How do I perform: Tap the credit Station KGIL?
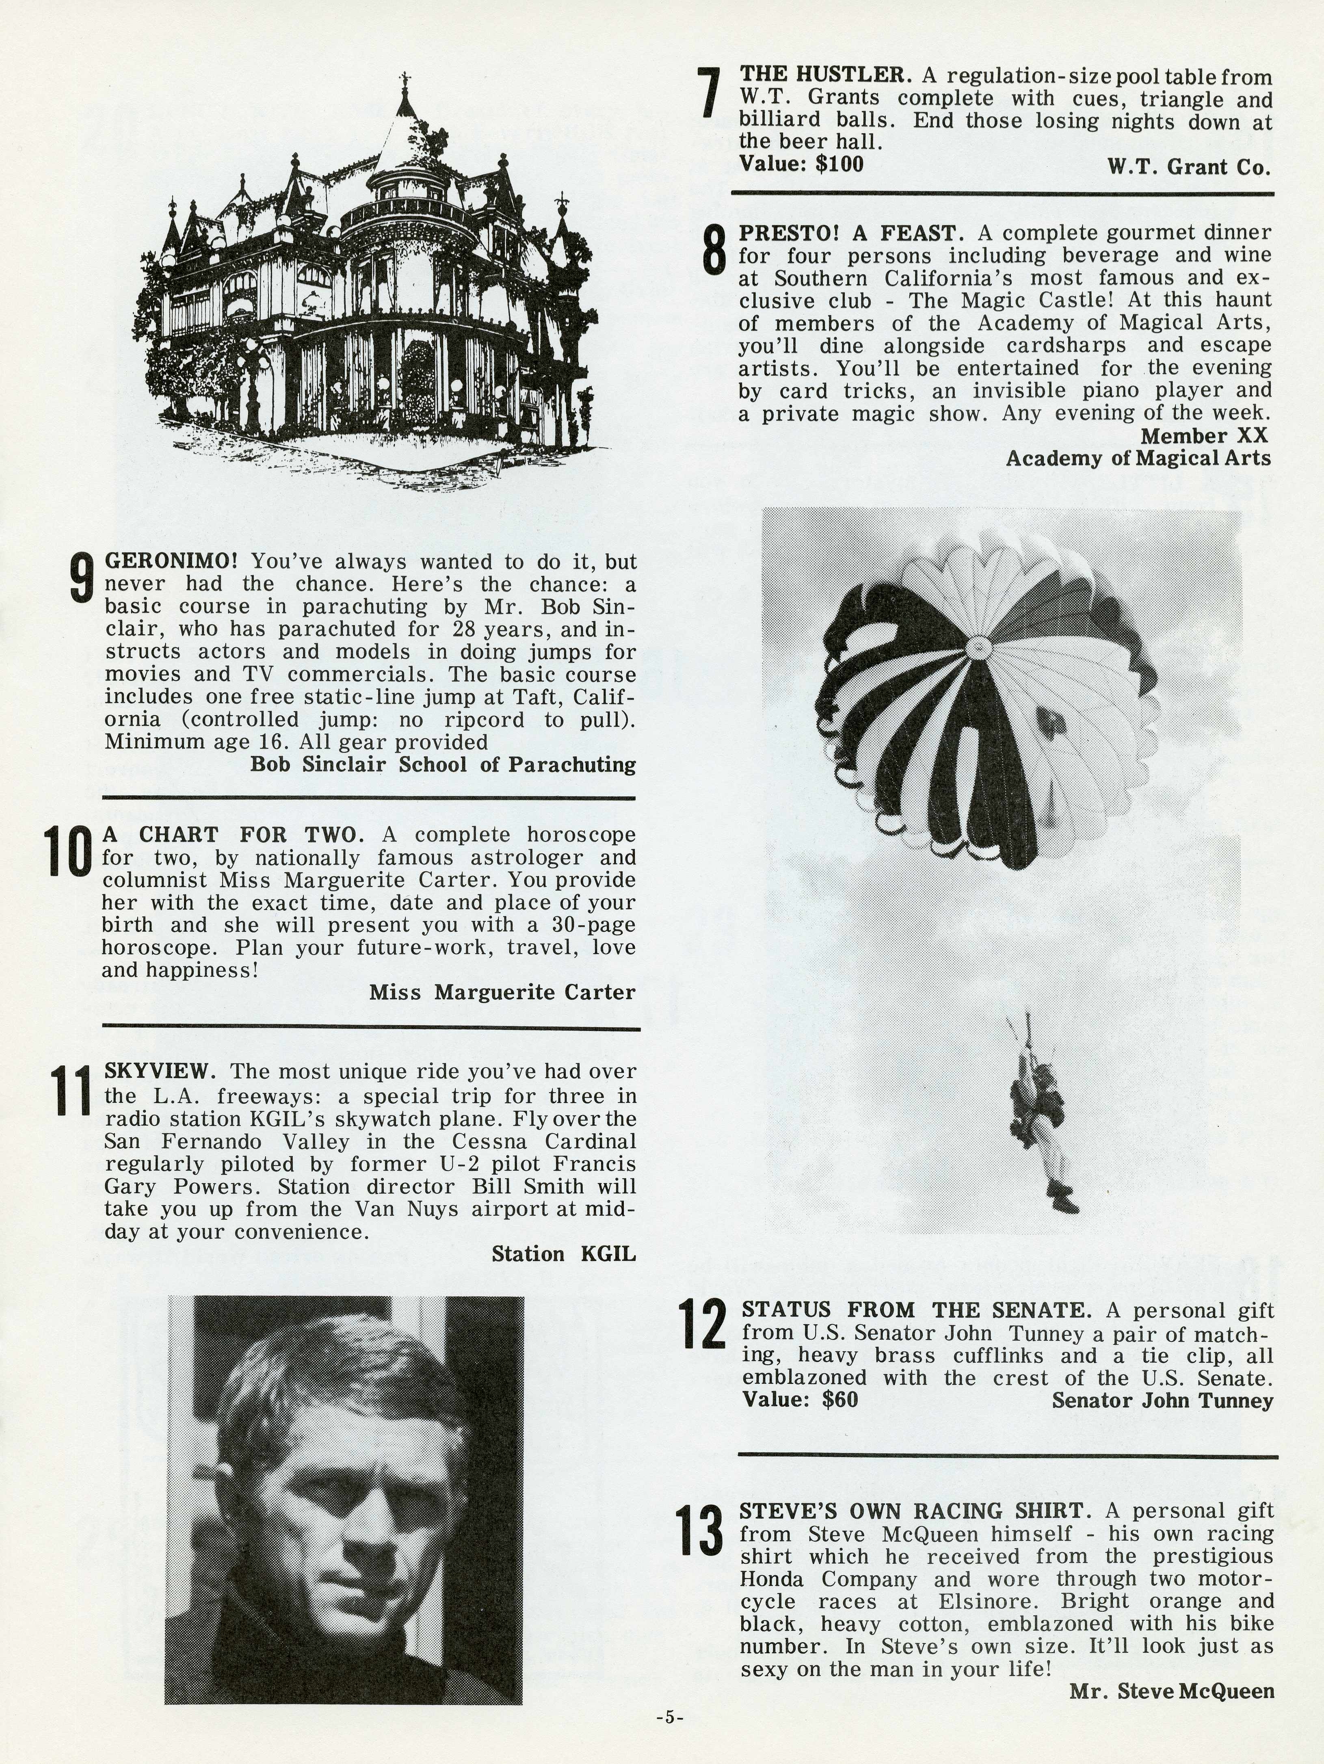(x=563, y=1254)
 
